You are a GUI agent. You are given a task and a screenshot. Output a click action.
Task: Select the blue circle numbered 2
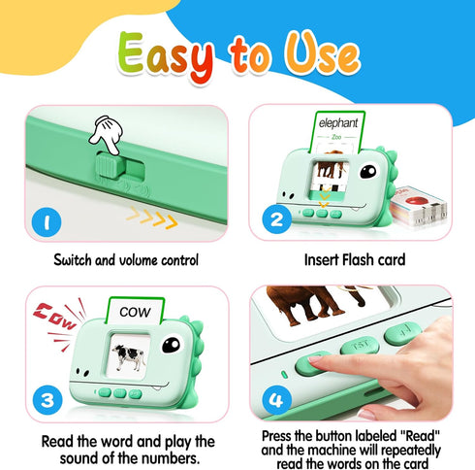point(278,221)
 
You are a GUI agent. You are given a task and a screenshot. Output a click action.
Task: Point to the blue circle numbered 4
point(278,398)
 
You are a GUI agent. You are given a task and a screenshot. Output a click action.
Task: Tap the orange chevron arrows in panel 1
point(152,220)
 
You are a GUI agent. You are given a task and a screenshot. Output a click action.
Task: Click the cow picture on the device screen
point(129,358)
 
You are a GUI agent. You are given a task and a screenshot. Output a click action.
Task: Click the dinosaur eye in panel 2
point(369,174)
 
